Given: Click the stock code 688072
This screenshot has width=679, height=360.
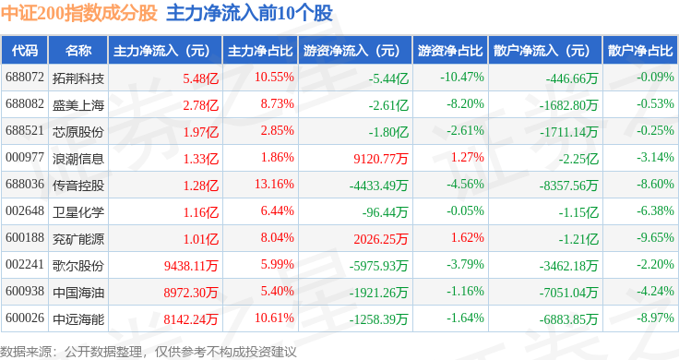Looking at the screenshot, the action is point(25,78).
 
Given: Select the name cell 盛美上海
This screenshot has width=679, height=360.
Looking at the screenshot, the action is point(78,105).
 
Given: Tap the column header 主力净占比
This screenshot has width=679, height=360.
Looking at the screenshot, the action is point(260,51).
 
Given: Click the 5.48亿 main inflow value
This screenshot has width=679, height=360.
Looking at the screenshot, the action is point(200,78).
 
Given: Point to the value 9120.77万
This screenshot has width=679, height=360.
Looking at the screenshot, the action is point(381,159).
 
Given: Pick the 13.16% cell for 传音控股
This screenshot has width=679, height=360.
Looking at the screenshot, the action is point(274,184).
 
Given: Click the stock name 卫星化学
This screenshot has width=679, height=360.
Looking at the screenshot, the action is point(78,212).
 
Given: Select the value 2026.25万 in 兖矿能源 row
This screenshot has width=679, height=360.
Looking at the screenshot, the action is point(381,239).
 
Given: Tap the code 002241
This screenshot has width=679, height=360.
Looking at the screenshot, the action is point(25,264).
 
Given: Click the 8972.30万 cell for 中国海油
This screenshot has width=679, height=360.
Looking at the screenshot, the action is point(191,293).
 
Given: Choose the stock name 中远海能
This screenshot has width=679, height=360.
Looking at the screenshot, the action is point(78,319).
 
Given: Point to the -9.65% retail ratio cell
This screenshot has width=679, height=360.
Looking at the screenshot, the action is point(655,237).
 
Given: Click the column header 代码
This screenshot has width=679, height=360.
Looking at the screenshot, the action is point(25,51).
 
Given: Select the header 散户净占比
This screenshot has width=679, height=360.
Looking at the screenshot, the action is point(640,51).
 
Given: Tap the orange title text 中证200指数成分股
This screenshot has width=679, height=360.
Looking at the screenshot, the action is point(78,13).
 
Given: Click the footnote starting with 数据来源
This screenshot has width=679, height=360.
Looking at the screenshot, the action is point(149,352).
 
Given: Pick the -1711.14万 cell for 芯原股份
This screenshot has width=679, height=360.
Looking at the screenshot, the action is point(568,132).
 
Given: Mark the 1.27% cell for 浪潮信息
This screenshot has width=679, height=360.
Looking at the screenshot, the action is point(467,157).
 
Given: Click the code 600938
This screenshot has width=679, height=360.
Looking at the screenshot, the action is point(25,291).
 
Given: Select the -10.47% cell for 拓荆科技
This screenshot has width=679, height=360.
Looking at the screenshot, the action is point(462,78).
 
